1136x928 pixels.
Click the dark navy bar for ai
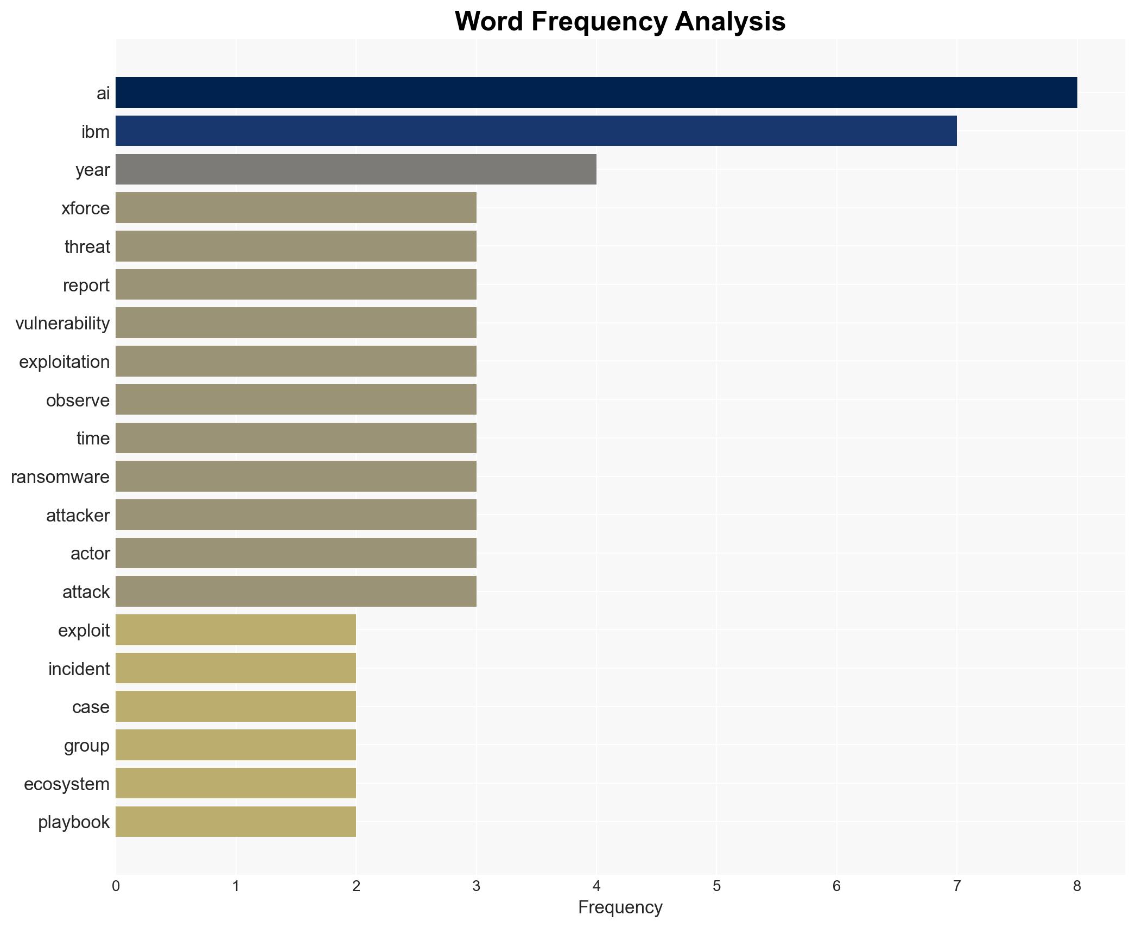point(596,93)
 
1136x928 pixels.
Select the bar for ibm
point(536,131)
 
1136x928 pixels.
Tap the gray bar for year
point(356,170)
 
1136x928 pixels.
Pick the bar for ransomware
point(296,476)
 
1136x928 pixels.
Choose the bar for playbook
point(236,822)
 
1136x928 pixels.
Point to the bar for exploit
point(236,630)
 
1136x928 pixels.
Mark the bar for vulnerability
point(296,323)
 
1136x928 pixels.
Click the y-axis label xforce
point(85,208)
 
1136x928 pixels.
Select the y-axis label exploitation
point(64,362)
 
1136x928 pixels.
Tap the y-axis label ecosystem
point(67,784)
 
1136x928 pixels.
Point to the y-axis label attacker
point(78,516)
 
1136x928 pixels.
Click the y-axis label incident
point(79,669)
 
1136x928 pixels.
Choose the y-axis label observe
point(78,401)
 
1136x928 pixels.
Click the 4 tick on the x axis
point(596,886)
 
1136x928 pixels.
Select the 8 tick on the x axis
point(1077,886)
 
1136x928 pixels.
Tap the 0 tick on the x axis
point(116,886)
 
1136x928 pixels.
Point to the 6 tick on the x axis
point(836,886)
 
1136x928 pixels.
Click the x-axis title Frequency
point(620,907)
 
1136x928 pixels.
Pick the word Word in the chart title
point(489,22)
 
